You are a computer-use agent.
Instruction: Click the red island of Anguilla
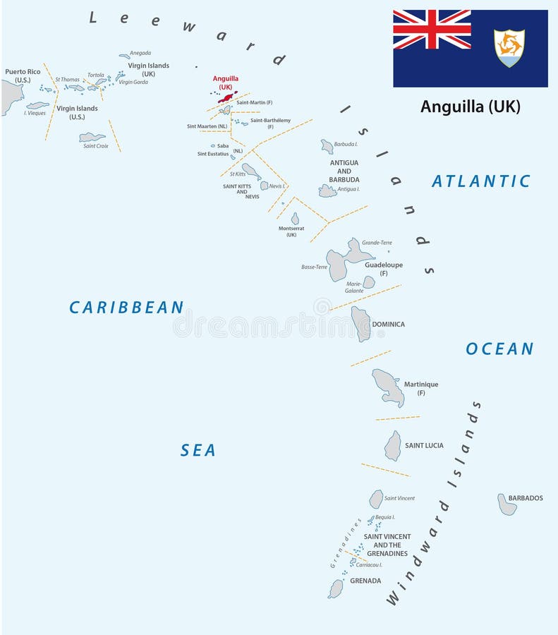coord(228,98)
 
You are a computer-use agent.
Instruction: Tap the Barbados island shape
coord(507,504)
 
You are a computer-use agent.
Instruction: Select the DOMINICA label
coord(389,325)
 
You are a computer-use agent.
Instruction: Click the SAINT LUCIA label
coord(424,446)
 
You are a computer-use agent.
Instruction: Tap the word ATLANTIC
coord(480,181)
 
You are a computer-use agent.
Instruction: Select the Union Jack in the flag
coord(432,29)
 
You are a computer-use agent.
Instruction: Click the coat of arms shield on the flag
coord(509,48)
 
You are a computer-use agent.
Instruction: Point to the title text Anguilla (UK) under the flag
coord(470,107)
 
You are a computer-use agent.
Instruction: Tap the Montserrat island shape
coord(295,219)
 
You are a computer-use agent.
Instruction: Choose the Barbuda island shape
coord(327,146)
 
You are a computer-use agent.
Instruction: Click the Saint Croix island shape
coord(92,138)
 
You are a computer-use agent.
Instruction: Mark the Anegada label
coord(140,53)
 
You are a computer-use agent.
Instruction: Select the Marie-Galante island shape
coord(368,282)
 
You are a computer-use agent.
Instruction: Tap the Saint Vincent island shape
coord(376,499)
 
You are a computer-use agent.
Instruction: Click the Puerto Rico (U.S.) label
coord(23,75)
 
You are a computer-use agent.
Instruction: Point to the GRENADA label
coord(365,581)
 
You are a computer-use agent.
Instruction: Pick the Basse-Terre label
coord(314,267)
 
